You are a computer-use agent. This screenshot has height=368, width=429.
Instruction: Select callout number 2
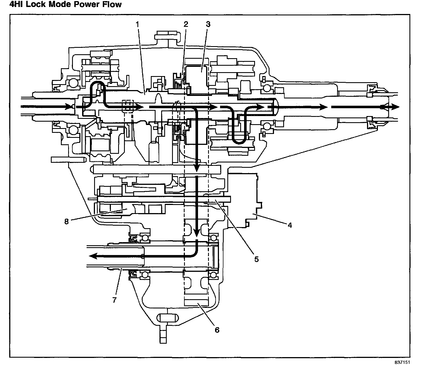[x=186, y=24]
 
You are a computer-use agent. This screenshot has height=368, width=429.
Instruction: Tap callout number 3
[x=208, y=24]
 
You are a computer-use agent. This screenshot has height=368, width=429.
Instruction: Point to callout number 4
[x=290, y=225]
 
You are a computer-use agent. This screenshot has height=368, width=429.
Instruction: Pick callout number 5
[x=256, y=259]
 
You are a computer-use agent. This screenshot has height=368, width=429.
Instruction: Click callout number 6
[x=217, y=330]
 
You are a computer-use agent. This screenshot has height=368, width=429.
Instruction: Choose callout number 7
[x=114, y=300]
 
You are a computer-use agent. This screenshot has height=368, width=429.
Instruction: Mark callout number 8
[x=66, y=221]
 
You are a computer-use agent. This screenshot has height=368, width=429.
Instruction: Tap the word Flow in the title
[x=111, y=5]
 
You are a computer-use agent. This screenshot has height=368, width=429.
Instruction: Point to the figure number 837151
[x=402, y=362]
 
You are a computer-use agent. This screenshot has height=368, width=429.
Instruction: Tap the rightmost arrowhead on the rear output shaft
[x=395, y=107]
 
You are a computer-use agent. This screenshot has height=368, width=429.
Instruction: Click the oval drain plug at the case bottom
[x=168, y=318]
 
